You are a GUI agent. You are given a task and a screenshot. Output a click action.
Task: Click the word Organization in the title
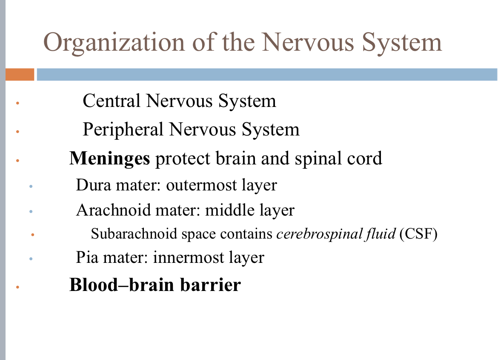114,43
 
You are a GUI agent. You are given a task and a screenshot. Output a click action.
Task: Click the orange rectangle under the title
20,75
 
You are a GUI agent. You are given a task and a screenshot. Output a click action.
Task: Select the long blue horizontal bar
267,75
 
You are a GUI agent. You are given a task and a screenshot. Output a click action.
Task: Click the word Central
112,101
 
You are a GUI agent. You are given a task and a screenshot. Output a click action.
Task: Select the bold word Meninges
109,158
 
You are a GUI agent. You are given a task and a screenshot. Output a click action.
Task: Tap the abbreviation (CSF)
418,234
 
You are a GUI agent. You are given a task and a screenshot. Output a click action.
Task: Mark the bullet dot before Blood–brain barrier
17,287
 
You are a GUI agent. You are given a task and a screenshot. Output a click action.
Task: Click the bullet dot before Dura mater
31,187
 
